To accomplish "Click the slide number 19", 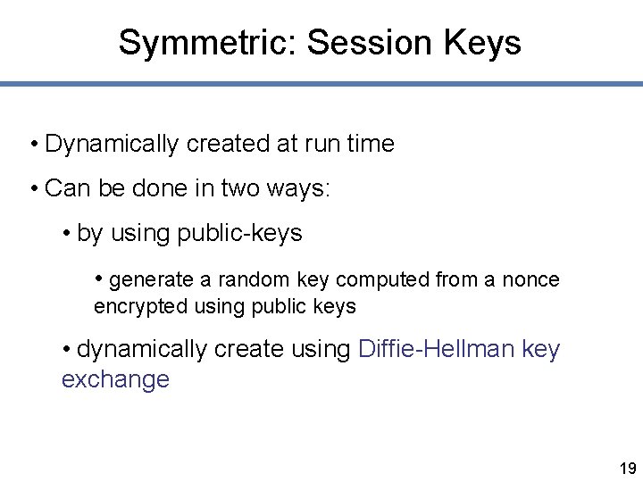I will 627,468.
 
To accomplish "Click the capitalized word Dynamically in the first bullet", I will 112,144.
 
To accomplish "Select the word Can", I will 64,188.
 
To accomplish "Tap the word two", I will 240,188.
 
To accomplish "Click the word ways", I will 299,189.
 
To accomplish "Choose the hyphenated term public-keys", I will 240,234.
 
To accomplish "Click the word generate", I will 152,280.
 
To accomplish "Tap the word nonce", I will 530,280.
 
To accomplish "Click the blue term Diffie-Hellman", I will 436,349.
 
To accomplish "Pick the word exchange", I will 115,379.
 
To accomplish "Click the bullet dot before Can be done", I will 33,189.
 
